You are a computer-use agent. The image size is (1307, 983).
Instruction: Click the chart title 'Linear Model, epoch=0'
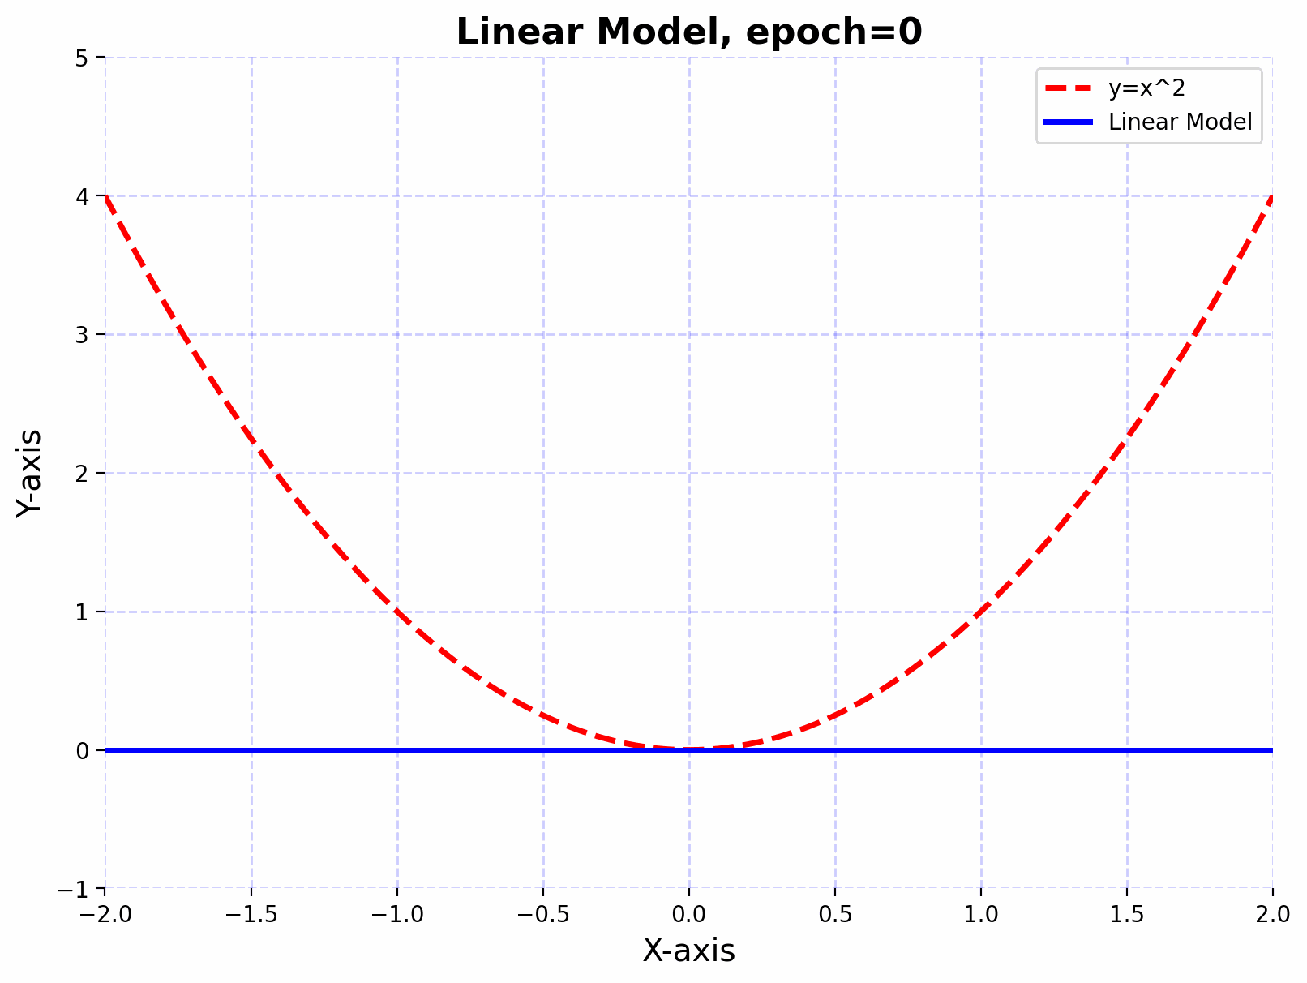pyautogui.click(x=689, y=32)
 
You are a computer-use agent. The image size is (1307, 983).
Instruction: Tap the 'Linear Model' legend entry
pyautogui.click(x=1180, y=122)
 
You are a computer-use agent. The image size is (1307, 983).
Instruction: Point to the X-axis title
pyautogui.click(x=689, y=951)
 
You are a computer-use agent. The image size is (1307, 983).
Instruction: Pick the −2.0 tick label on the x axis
pyautogui.click(x=105, y=915)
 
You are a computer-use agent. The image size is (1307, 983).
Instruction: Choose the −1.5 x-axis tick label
pyautogui.click(x=251, y=915)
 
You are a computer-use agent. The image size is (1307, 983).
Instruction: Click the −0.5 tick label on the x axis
pyautogui.click(x=543, y=915)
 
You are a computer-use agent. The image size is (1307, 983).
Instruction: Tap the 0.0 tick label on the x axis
pyautogui.click(x=689, y=915)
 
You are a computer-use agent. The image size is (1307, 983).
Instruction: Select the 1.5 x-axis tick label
pyautogui.click(x=1127, y=915)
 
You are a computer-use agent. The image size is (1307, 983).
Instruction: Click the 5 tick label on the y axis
pyautogui.click(x=82, y=58)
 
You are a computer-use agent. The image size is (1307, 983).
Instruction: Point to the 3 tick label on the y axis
pyautogui.click(x=82, y=335)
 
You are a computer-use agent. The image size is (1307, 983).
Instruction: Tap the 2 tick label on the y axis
pyautogui.click(x=82, y=474)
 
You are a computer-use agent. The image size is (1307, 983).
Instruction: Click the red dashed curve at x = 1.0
pyautogui.click(x=981, y=612)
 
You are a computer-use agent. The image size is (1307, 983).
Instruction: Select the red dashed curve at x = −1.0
pyautogui.click(x=397, y=612)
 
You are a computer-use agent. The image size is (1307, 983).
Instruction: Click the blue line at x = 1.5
pyautogui.click(x=1127, y=750)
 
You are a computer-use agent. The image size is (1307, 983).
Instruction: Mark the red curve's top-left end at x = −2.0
pyautogui.click(x=107, y=198)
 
